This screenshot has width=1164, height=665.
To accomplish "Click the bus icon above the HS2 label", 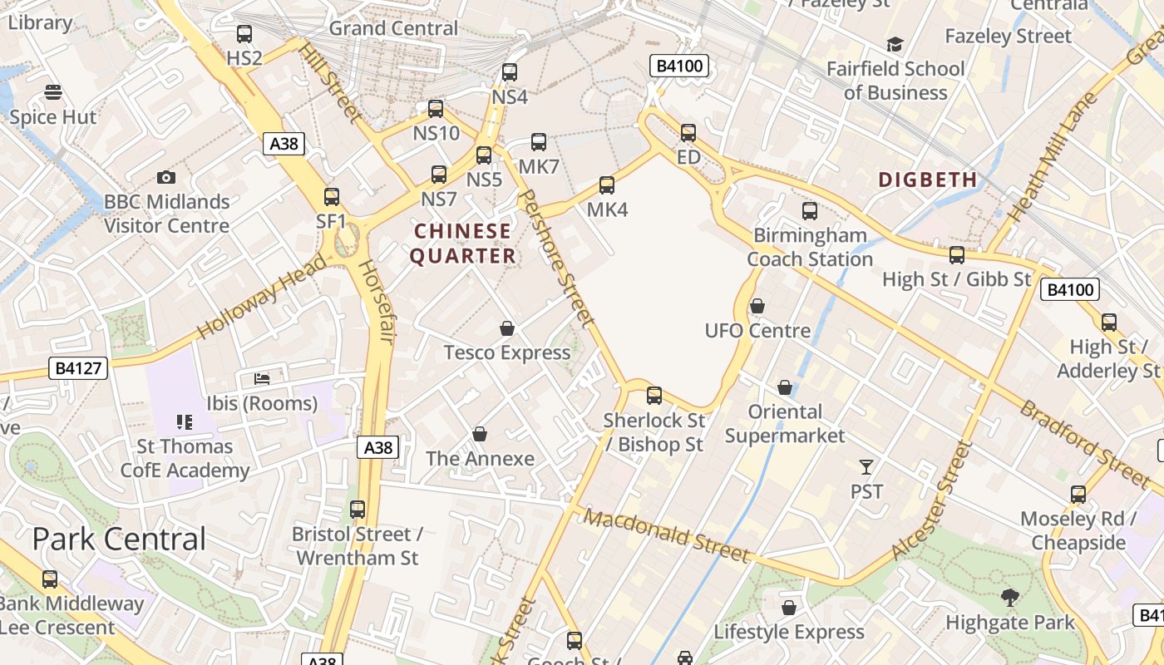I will [x=244, y=34].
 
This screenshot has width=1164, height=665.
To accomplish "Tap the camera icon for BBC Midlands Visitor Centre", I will [x=166, y=178].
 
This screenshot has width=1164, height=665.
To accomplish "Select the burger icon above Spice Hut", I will [x=53, y=92].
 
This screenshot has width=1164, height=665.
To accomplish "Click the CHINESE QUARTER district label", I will [x=463, y=244].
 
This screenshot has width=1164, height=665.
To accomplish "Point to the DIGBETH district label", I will [x=928, y=180].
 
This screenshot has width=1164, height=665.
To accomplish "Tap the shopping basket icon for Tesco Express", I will [x=507, y=329].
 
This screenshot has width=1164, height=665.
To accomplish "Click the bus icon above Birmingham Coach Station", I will [x=810, y=211].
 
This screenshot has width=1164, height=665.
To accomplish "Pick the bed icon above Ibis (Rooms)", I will [x=262, y=379].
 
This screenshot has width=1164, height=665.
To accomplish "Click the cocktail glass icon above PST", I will [x=866, y=467].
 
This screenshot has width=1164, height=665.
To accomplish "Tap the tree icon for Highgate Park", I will [x=1010, y=597].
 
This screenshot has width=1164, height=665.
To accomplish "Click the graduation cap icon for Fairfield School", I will [x=895, y=45].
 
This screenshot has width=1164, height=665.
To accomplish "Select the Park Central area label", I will [x=119, y=539].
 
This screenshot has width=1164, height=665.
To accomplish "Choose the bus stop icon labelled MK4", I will [x=607, y=185].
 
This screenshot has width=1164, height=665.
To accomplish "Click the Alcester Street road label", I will [x=931, y=500].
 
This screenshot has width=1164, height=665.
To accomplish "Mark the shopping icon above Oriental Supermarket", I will [x=785, y=388].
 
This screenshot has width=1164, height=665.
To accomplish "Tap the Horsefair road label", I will [x=374, y=301].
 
